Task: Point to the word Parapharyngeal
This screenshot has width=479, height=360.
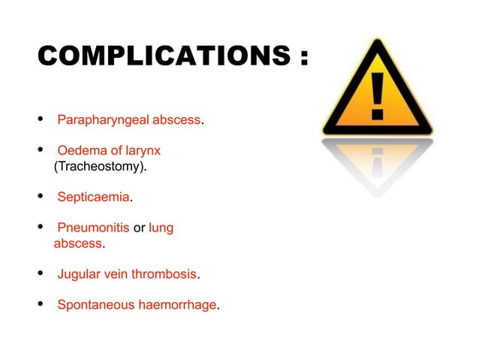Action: click(x=104, y=119)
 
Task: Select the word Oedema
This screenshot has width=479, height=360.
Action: click(x=77, y=150)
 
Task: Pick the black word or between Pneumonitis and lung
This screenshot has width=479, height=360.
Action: click(x=139, y=228)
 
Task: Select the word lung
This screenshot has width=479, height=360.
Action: click(x=161, y=228)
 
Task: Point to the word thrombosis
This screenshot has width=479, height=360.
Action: click(x=163, y=274)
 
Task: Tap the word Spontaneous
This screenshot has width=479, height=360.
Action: click(x=93, y=305)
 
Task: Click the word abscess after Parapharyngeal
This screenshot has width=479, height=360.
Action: click(x=177, y=119)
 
